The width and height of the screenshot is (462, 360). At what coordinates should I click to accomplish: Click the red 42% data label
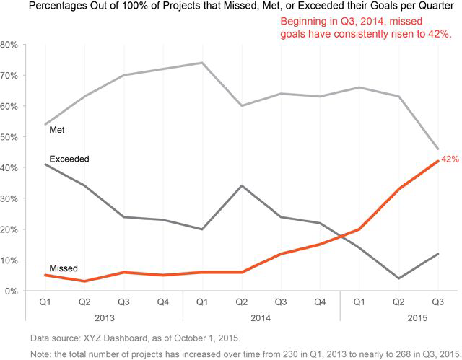(x=451, y=159)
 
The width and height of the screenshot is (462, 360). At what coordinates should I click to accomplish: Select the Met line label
(x=58, y=131)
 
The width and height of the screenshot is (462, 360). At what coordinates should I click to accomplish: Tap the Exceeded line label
(x=69, y=158)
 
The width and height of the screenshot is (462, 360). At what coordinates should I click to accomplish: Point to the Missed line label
(x=63, y=268)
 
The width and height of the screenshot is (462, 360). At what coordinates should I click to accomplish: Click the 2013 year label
(x=104, y=317)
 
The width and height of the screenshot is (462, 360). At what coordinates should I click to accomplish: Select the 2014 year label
(x=261, y=317)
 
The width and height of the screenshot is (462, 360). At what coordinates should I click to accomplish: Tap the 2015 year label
(x=417, y=317)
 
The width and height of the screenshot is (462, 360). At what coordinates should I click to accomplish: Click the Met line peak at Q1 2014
(x=202, y=63)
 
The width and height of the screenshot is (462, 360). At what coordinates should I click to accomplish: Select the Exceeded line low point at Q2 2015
(x=398, y=278)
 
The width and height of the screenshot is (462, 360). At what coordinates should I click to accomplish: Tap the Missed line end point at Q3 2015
(x=437, y=161)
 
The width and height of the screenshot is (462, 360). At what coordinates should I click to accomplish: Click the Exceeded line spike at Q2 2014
(x=241, y=186)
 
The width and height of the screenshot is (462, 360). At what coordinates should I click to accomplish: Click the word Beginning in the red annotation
(x=306, y=22)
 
